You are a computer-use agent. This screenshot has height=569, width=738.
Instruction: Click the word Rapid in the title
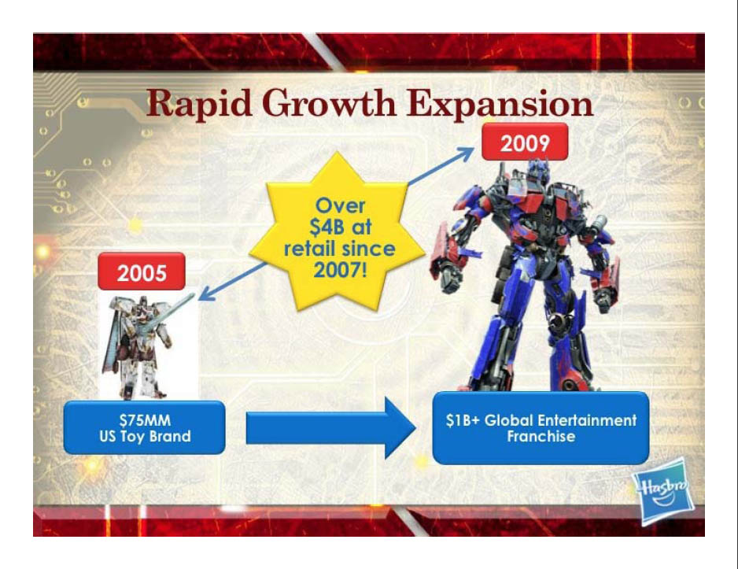pyautogui.click(x=199, y=104)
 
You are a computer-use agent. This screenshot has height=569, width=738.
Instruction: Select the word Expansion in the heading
pyautogui.click(x=500, y=104)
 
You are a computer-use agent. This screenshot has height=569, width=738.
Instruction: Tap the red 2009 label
pyautogui.click(x=525, y=142)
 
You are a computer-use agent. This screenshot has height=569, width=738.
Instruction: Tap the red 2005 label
pyautogui.click(x=141, y=272)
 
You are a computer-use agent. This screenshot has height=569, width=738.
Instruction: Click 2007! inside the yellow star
pyautogui.click(x=340, y=270)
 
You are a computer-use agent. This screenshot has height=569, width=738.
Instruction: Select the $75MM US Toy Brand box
pyautogui.click(x=145, y=428)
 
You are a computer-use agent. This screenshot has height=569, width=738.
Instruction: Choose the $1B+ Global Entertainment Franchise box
pyautogui.click(x=541, y=428)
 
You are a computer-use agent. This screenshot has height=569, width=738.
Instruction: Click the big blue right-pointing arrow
pyautogui.click(x=331, y=427)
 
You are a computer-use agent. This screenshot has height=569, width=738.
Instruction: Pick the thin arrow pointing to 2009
pyautogui.click(x=441, y=166)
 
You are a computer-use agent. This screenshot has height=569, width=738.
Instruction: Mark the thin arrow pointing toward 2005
pyautogui.click(x=232, y=281)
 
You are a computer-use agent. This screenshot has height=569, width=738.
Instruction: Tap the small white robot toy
pyautogui.click(x=142, y=347)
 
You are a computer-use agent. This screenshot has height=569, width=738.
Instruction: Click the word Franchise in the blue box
pyautogui.click(x=541, y=436)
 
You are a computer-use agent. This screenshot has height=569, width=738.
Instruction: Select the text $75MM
pyautogui.click(x=145, y=419)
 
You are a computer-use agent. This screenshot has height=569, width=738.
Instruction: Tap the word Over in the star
pyautogui.click(x=340, y=205)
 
